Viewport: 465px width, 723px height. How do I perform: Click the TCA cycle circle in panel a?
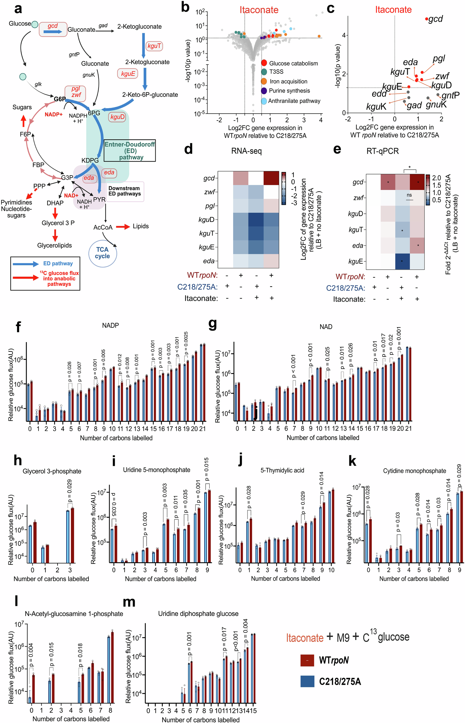(x=102, y=253)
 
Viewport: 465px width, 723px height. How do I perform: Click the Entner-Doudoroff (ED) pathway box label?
(x=130, y=151)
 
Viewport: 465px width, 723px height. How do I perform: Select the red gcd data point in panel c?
(x=426, y=19)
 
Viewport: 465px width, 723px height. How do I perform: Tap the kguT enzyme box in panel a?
(x=154, y=46)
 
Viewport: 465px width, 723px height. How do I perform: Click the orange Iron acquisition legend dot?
(x=264, y=81)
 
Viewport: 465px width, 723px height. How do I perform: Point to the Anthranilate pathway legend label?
(x=294, y=101)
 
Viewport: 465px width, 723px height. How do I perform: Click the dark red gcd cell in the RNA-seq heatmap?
(x=271, y=178)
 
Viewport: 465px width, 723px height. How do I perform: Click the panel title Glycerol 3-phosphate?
(x=52, y=471)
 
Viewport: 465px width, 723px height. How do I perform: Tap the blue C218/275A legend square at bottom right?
(x=307, y=681)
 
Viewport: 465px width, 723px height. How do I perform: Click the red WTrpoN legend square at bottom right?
(x=307, y=660)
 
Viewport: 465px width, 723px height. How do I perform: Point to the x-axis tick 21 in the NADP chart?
(x=203, y=429)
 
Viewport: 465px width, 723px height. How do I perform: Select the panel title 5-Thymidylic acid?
(x=282, y=470)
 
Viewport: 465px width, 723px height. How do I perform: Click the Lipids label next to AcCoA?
(x=141, y=226)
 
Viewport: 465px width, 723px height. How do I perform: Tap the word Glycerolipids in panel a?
(x=54, y=245)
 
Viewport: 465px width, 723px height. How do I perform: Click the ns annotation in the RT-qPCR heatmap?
(x=409, y=195)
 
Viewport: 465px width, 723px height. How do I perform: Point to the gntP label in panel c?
(x=450, y=96)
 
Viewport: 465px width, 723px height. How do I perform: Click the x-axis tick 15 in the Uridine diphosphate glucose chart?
(x=253, y=711)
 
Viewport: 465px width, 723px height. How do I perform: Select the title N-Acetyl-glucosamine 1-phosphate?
(x=74, y=614)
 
